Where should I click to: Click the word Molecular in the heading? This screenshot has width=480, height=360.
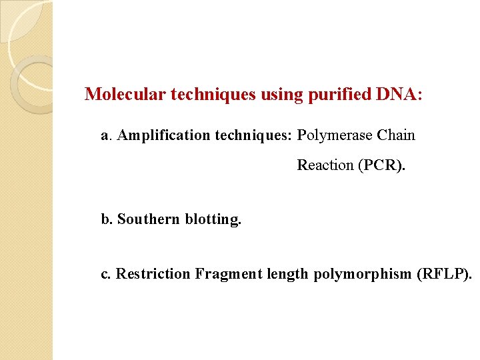click(125, 94)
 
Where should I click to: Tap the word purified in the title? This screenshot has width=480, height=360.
click(339, 94)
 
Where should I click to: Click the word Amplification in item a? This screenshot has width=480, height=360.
click(163, 136)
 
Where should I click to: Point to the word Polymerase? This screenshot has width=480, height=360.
click(335, 136)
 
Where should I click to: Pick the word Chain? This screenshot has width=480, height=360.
click(396, 136)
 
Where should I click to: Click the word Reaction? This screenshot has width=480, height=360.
click(325, 165)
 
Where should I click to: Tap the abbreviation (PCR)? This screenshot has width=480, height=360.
click(381, 165)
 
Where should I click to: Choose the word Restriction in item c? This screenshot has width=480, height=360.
click(153, 274)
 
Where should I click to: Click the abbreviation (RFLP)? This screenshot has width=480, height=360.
click(443, 274)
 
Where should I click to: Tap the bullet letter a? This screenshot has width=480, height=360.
click(105, 136)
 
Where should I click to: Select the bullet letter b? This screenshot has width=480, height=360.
click(105, 219)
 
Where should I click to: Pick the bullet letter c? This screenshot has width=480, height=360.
click(105, 274)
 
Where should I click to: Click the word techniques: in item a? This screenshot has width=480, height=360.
click(253, 136)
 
